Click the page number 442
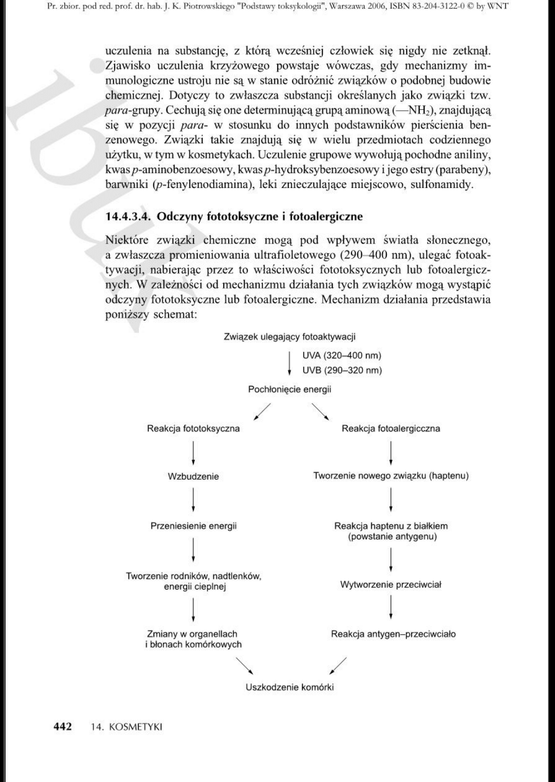62,726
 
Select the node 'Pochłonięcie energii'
289,390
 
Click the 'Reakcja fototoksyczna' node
193,429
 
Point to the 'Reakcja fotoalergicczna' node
391,429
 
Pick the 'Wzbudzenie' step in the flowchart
193,476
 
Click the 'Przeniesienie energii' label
193,526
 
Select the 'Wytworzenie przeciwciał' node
391,585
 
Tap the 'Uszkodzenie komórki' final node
289,687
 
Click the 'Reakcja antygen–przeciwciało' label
393,634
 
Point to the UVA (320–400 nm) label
342,356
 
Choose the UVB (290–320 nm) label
342,370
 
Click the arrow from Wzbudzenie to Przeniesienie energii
193,501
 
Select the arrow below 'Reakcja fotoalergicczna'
391,452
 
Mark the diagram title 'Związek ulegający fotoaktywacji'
289,336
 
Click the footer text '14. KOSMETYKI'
127,727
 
